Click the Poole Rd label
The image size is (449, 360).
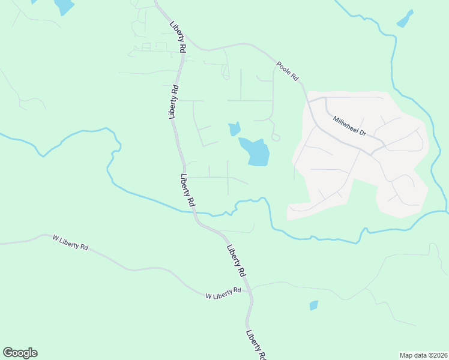pos(288,71)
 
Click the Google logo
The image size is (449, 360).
pos(20,353)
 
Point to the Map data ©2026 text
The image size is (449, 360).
pos(423,355)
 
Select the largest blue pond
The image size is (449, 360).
pos(255,151)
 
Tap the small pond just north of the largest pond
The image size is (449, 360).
pos(234,128)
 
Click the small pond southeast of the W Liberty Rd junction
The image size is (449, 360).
pos(313,305)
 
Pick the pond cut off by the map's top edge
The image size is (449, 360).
pos(64,6)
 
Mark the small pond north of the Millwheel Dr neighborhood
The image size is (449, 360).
pos(405,19)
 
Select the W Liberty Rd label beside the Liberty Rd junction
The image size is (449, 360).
pos(223,294)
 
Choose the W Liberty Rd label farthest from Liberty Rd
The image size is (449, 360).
pos(70,242)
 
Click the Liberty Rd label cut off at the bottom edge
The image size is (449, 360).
pos(255,344)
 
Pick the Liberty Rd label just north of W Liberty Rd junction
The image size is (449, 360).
pos(237,260)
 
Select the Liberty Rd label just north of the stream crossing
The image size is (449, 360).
pos(188,190)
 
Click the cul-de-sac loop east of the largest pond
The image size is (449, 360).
pos(276,137)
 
